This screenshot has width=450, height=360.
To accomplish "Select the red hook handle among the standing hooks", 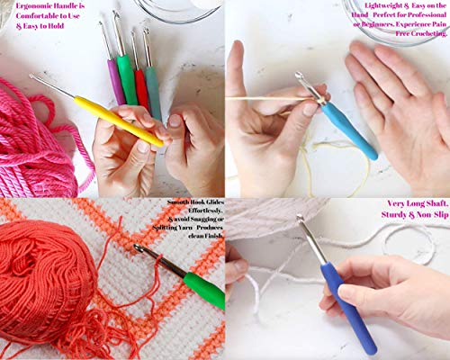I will click(x=141, y=86).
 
